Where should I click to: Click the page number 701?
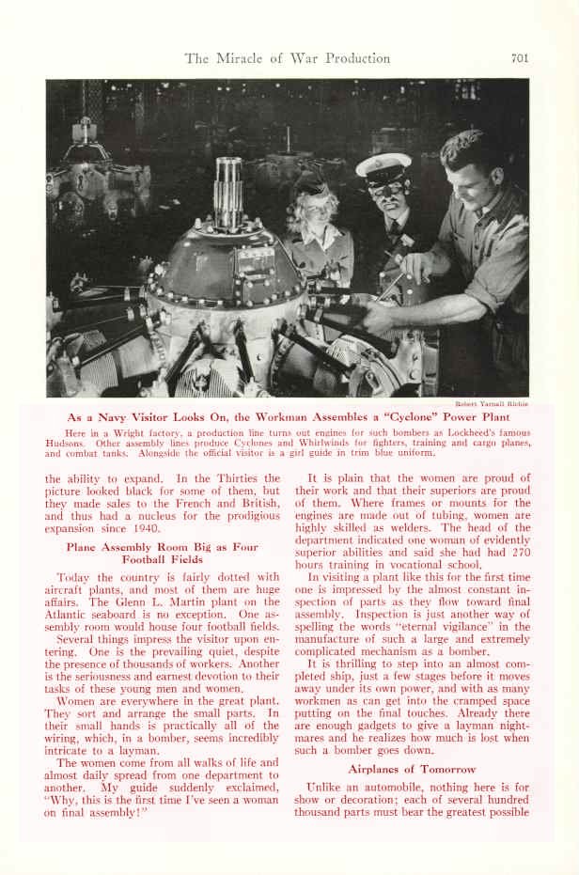click(x=520, y=58)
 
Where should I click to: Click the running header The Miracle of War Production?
click(x=287, y=58)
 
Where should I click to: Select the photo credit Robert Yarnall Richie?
click(x=491, y=403)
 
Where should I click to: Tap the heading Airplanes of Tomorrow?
click(x=412, y=769)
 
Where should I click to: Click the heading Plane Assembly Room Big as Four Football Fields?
click(x=161, y=553)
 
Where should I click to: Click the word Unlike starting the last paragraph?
click(x=326, y=786)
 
